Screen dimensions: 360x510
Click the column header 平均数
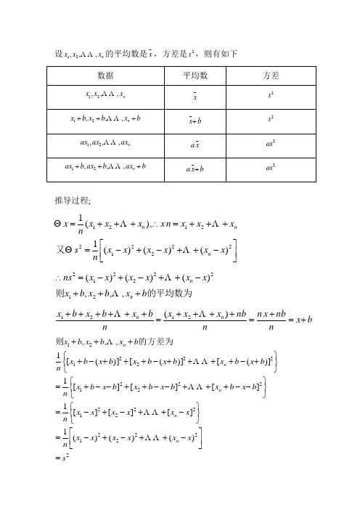tap(195, 76)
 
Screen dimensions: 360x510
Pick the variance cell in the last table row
tap(271, 169)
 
